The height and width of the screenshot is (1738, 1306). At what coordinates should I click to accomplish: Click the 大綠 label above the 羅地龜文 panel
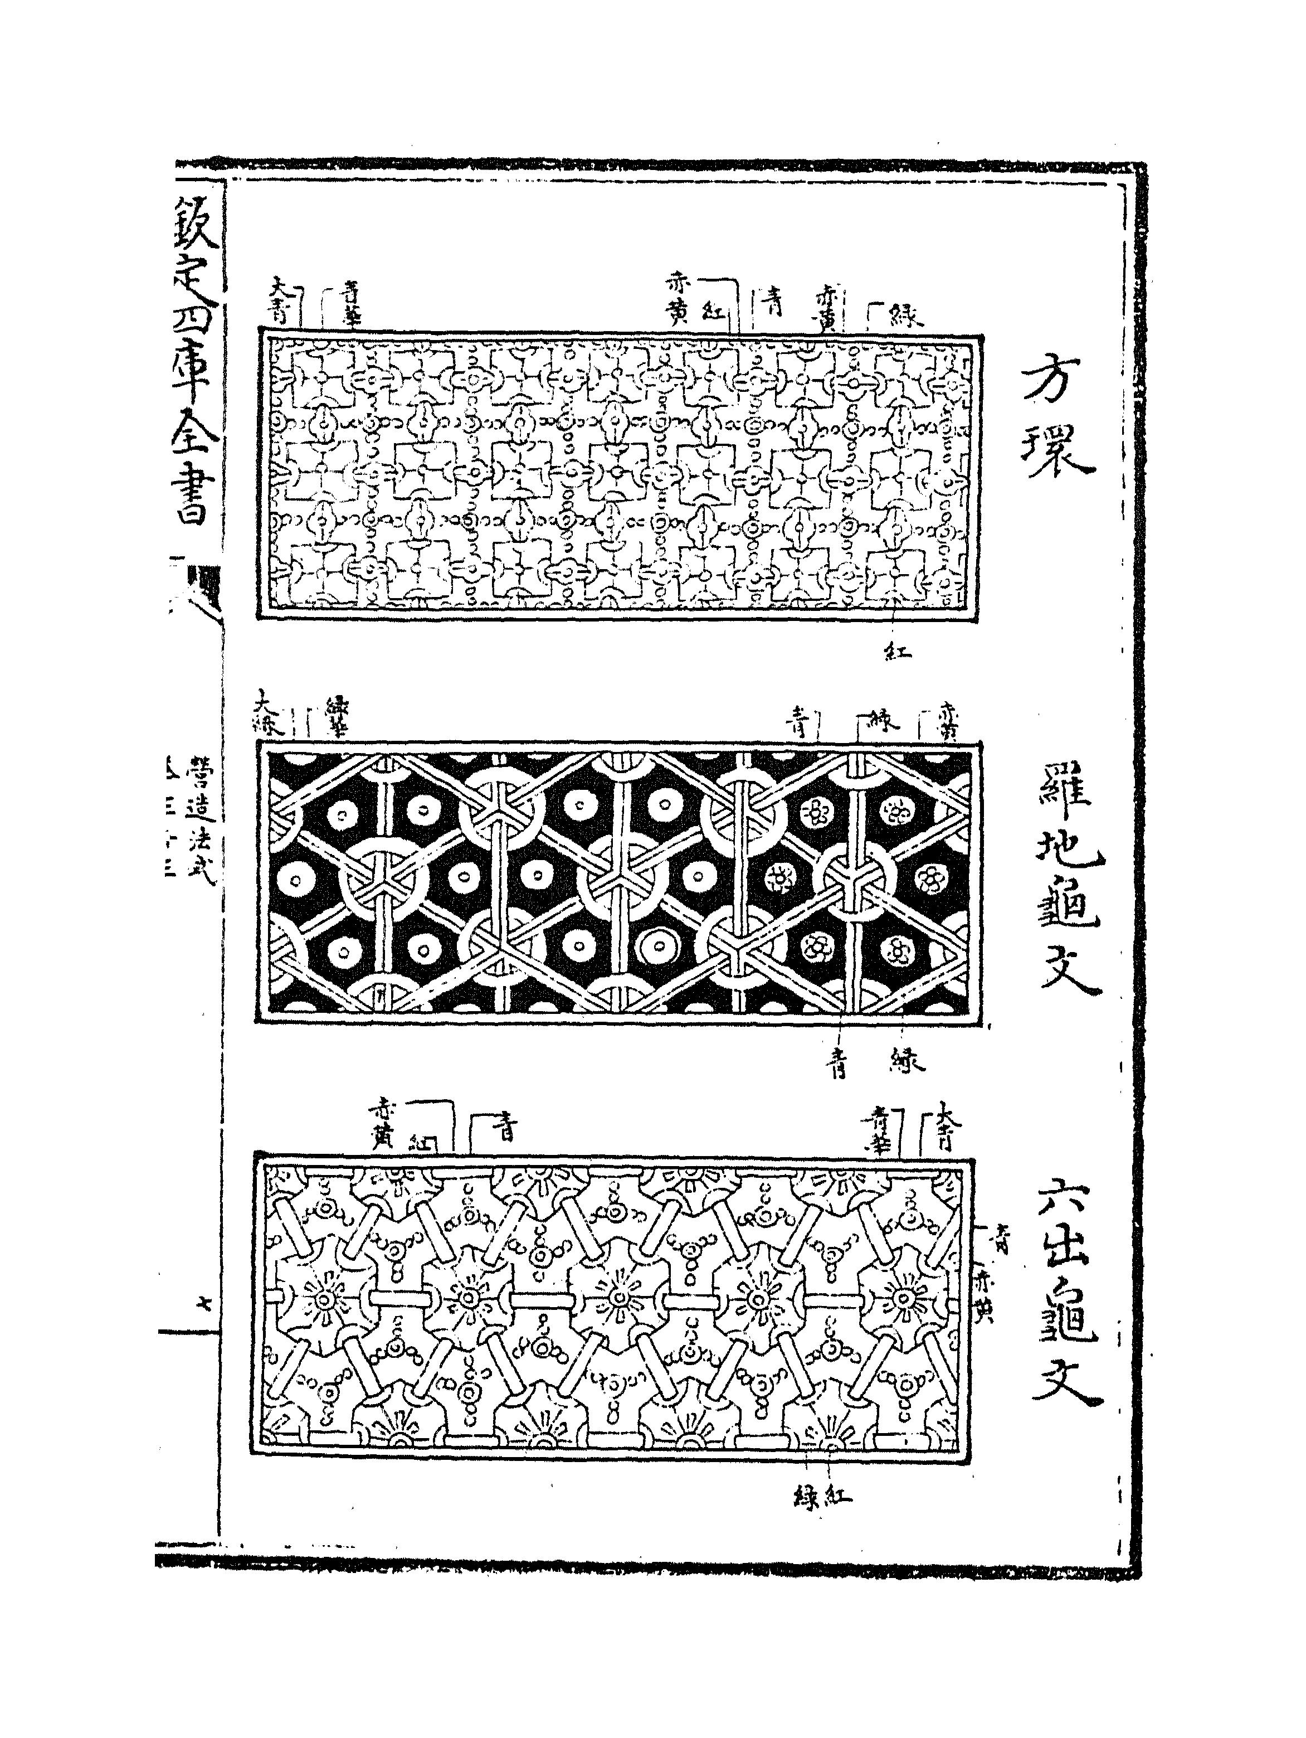(269, 712)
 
